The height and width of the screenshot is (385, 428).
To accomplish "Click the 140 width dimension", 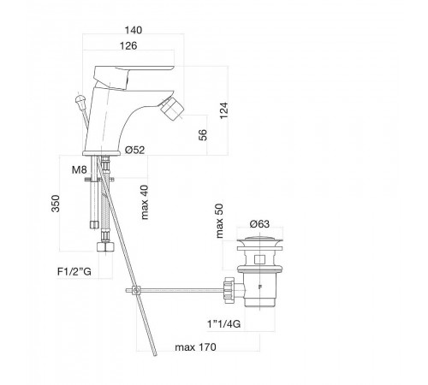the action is [134, 30].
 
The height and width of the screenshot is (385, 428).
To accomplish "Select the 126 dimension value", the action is [128, 45].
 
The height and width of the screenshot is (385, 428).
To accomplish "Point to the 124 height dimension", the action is [224, 110].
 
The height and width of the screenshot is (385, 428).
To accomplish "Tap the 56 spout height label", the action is [203, 135].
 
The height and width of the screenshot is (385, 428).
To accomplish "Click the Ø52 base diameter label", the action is [134, 150].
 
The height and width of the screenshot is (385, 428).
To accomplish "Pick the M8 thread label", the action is [79, 170].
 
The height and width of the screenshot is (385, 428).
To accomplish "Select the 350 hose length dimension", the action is [56, 204].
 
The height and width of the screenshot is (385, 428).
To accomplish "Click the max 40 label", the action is [145, 202].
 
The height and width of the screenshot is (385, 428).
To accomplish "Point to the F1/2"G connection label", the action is [74, 271].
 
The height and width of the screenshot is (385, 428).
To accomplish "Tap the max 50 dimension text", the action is [219, 221].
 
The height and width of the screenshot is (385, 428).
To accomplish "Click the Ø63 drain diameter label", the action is [259, 224].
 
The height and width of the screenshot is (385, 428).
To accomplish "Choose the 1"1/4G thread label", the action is [223, 324].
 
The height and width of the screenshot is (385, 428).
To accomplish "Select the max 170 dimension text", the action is [195, 347].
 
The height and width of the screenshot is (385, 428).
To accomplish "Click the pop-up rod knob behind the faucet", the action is [80, 100].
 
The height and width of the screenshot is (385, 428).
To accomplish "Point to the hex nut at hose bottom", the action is [105, 246].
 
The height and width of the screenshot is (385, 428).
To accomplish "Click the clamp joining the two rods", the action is [136, 291].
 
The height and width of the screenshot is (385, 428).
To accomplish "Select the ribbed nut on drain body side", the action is [229, 290].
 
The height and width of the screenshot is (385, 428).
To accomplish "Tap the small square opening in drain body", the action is [259, 259].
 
